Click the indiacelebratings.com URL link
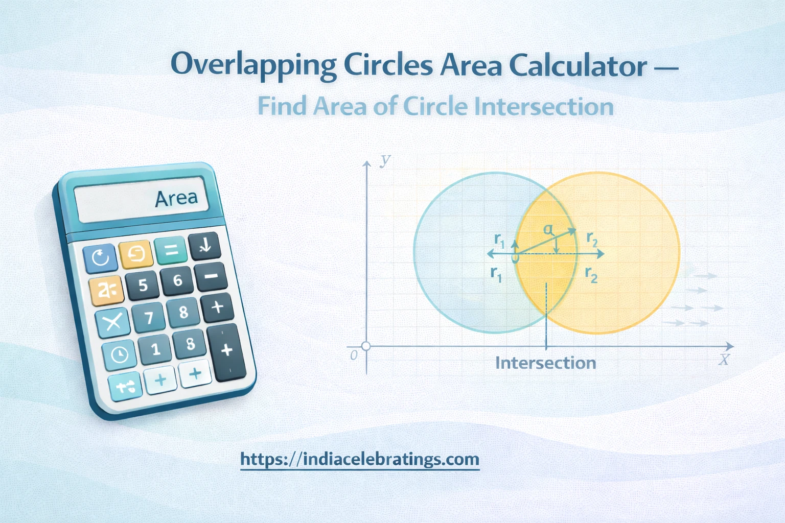pos(360,459)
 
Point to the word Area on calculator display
pos(176,199)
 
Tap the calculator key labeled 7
pos(149,318)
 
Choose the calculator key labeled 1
pos(155,349)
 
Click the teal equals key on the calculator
pos(171,250)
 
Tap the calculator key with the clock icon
pos(120,354)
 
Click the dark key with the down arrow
pos(204,246)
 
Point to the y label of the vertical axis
pos(385,159)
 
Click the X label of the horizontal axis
pos(724,360)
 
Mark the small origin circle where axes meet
pos(366,346)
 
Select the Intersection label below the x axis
pos(545,363)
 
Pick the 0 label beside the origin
pos(354,355)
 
